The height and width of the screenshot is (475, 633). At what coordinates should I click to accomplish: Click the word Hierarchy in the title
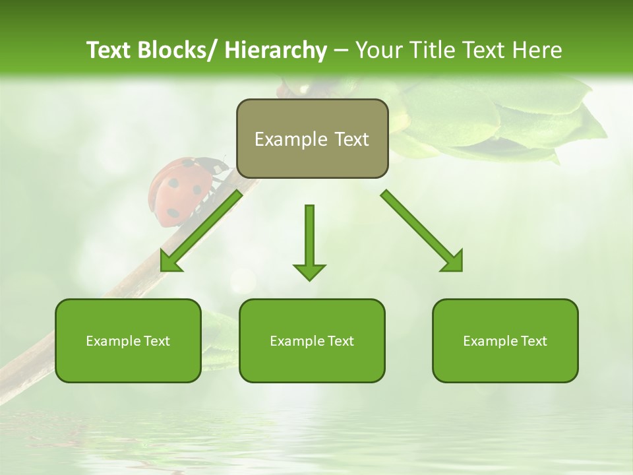coord(276,50)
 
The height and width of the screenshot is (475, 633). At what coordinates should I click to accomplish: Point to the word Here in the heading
coord(537,50)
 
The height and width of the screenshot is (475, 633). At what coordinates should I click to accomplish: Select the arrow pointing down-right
coord(422,231)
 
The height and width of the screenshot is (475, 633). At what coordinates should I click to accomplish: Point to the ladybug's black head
coord(218,168)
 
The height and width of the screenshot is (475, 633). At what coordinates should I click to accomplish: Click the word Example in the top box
coord(291,139)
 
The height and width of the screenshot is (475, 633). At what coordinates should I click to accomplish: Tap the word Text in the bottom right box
coord(533,341)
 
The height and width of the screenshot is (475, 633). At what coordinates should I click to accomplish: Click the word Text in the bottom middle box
coord(340,341)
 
